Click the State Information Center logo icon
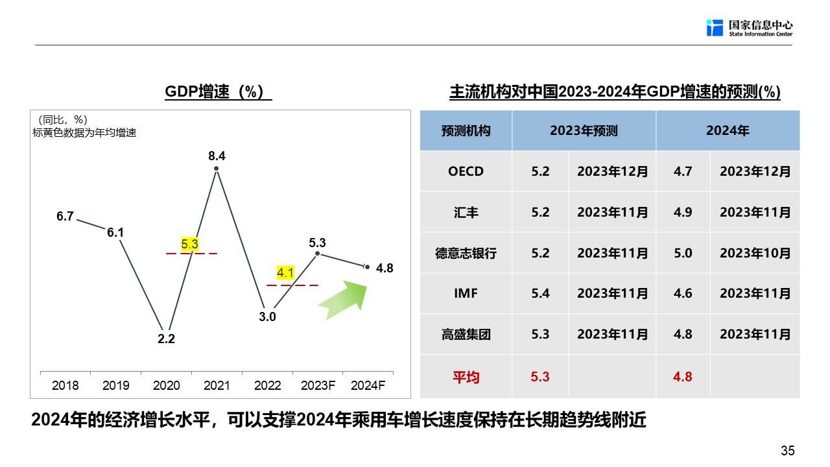coord(715,28)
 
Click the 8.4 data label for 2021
coord(217,156)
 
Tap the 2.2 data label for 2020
coord(166,339)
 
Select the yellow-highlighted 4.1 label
coord(285,273)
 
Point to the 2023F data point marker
coord(318,254)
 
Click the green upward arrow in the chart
coord(343,300)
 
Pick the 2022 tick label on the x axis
coord(268,385)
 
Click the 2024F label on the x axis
coord(368,385)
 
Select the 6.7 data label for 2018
coord(65,216)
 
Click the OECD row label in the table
coord(466,171)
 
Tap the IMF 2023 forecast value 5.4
coord(540,294)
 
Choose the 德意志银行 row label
coord(466,253)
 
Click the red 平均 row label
coord(466,377)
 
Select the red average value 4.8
coord(683,377)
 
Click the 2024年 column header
coord(728,130)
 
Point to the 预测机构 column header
coord(466,131)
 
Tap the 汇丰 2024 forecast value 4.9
coord(683,212)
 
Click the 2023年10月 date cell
coord(755,253)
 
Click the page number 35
coord(787,451)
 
